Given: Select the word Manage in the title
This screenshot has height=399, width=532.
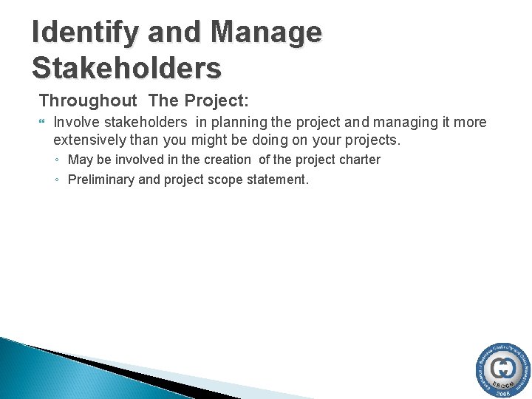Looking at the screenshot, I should (x=266, y=33).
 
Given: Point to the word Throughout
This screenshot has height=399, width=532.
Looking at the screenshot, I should (x=88, y=100).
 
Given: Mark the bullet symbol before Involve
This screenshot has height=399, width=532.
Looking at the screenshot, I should (x=43, y=122).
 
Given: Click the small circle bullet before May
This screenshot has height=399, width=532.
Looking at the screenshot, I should (x=58, y=160).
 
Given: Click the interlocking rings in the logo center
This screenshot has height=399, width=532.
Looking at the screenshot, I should (x=504, y=367).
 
